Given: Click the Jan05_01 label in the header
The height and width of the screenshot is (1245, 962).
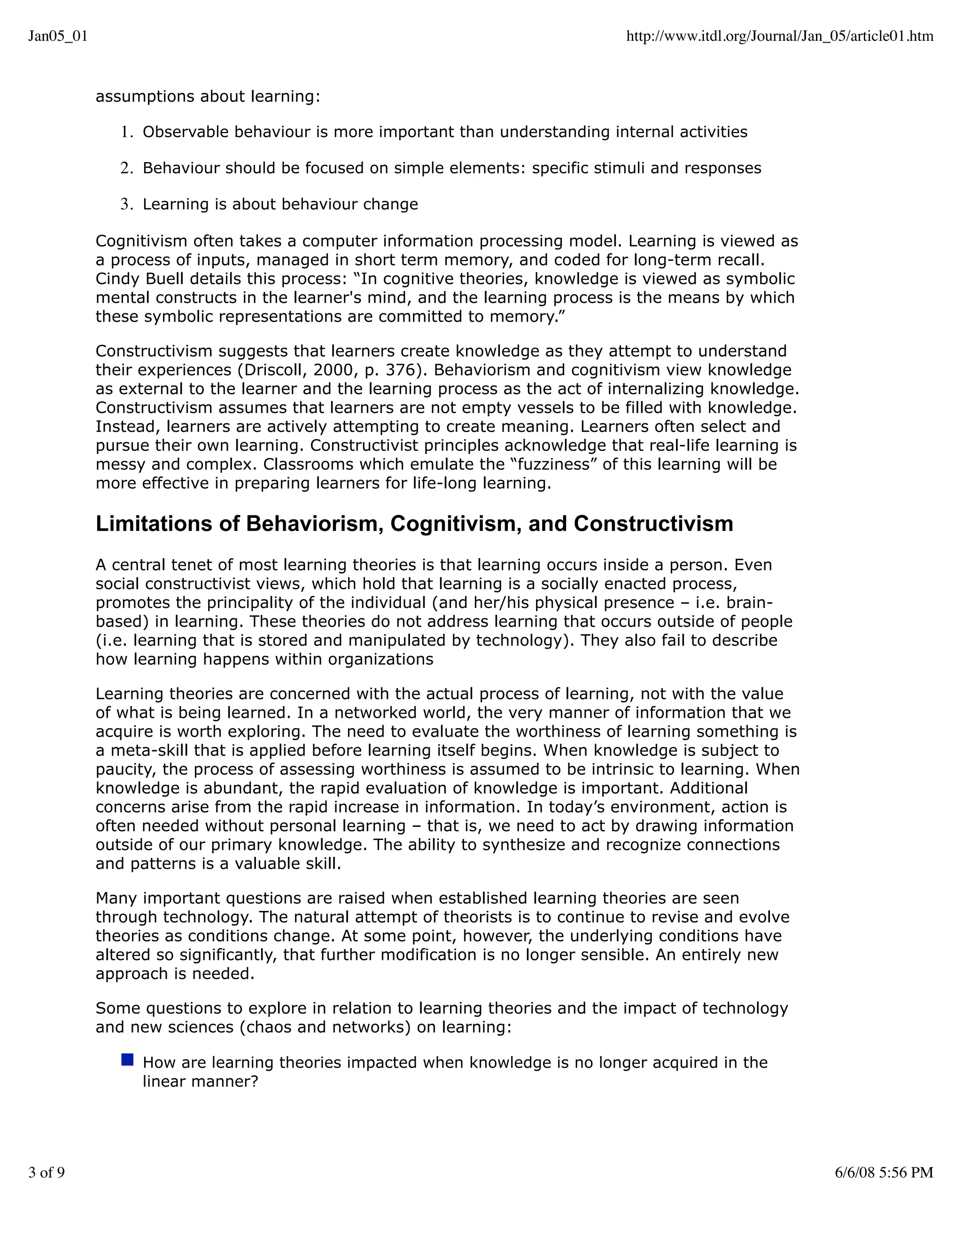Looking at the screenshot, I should pyautogui.click(x=58, y=37).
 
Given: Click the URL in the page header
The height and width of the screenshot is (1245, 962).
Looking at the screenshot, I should pyautogui.click(x=780, y=37).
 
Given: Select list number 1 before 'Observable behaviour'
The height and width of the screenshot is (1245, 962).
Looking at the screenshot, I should pyautogui.click(x=126, y=132).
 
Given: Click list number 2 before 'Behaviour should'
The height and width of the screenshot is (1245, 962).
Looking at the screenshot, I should pyautogui.click(x=126, y=168).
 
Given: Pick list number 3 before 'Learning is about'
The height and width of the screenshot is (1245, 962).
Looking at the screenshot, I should pyautogui.click(x=126, y=204).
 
